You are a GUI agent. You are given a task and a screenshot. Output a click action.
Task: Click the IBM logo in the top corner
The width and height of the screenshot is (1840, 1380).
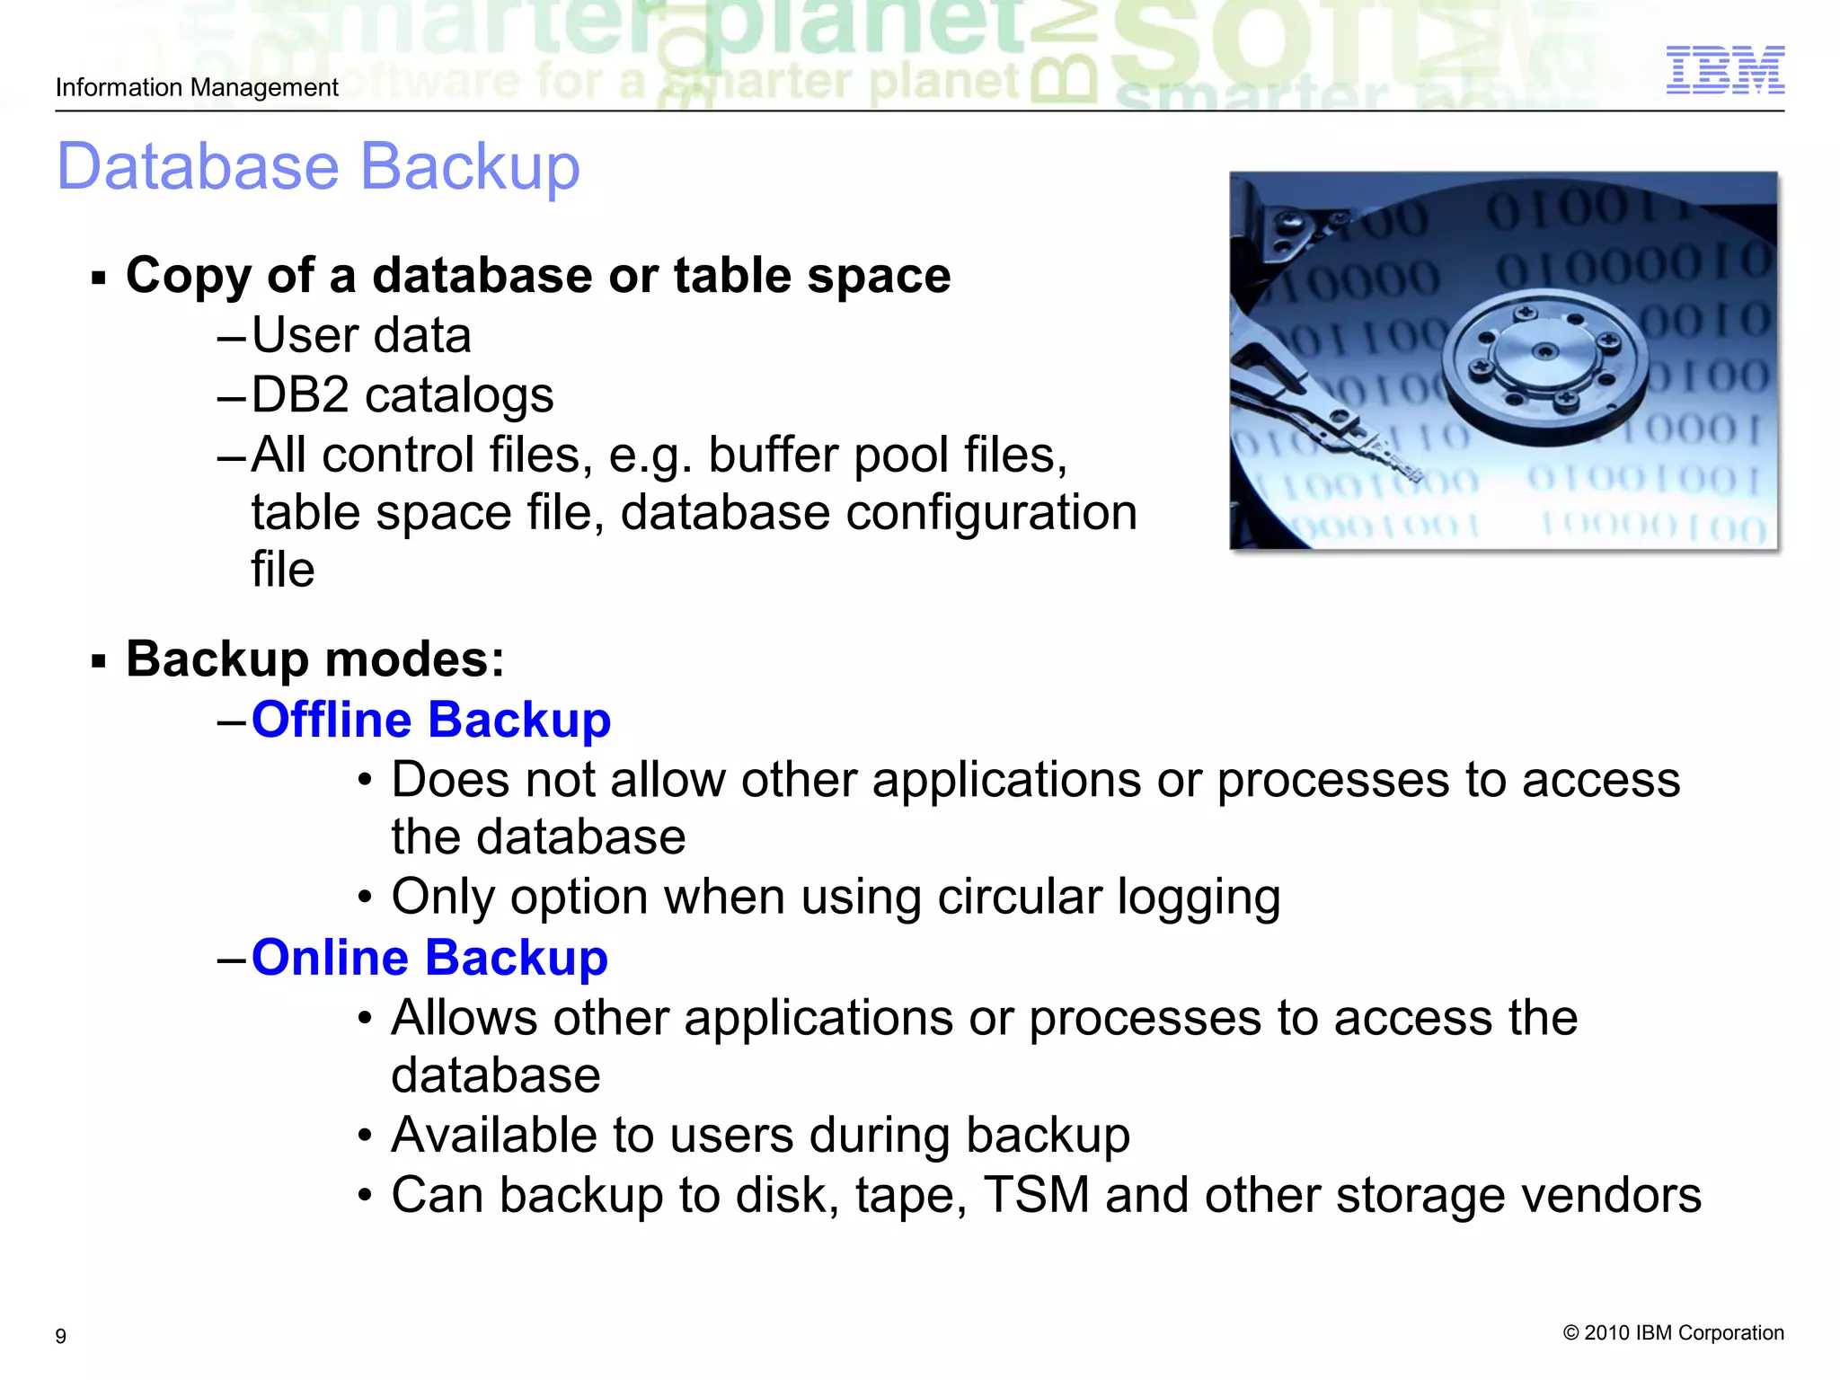[x=1725, y=70]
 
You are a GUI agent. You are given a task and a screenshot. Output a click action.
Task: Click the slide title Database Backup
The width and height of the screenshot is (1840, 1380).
[x=318, y=167]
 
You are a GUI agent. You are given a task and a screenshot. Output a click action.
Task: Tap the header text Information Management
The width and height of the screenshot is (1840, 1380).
[x=197, y=88]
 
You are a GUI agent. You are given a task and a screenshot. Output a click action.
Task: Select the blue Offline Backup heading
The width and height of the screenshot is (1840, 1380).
[x=431, y=721]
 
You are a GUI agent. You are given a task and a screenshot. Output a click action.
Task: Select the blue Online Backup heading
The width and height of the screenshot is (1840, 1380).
[x=429, y=958]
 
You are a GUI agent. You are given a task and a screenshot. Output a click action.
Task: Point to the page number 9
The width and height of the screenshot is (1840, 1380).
[x=61, y=1336]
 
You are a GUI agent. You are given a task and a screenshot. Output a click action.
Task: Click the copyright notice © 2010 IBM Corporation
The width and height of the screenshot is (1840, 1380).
[x=1673, y=1332]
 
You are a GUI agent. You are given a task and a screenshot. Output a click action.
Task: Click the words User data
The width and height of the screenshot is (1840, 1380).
[x=361, y=336]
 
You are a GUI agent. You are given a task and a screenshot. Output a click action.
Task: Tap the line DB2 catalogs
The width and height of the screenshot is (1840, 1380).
[x=402, y=395]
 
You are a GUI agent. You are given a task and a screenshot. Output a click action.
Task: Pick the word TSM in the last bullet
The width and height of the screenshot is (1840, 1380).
[x=1036, y=1196]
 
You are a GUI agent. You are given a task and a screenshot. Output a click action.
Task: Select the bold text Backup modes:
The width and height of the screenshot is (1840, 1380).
[x=315, y=659]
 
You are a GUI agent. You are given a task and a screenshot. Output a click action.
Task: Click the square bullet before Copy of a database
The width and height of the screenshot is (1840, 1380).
[x=99, y=278]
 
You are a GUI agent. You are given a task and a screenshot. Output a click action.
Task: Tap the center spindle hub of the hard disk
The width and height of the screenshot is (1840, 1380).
[x=1544, y=351]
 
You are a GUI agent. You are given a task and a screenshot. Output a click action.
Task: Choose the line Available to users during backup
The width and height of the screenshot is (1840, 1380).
[x=760, y=1136]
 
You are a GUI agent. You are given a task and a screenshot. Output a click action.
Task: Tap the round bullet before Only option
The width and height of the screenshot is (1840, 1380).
[x=364, y=898]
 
